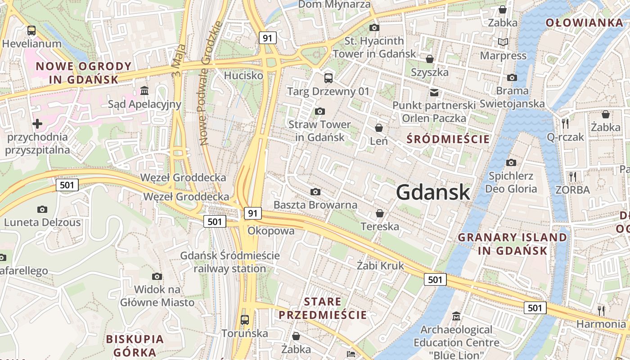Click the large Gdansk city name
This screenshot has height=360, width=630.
click(x=433, y=193)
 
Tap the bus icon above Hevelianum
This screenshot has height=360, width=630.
click(x=31, y=31)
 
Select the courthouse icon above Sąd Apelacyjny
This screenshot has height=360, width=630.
click(x=144, y=91)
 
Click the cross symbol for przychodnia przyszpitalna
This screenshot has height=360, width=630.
click(x=37, y=123)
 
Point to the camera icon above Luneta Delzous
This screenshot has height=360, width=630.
click(x=42, y=209)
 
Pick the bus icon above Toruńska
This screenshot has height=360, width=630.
click(x=245, y=320)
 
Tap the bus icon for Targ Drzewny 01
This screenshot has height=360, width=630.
click(x=328, y=78)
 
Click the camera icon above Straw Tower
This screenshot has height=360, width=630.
click(x=320, y=111)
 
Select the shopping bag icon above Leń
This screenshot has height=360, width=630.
click(x=379, y=128)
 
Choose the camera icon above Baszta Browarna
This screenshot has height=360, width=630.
click(x=315, y=192)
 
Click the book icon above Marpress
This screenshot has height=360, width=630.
click(x=503, y=42)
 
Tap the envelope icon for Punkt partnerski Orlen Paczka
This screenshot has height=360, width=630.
click(x=434, y=93)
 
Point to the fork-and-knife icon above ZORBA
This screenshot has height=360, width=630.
click(x=572, y=176)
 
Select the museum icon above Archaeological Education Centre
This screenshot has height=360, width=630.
click(x=456, y=316)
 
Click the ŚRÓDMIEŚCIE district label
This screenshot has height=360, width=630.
click(x=448, y=139)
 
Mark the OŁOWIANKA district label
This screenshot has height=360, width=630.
click(x=584, y=22)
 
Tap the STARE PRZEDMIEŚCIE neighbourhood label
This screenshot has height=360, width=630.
click(x=323, y=308)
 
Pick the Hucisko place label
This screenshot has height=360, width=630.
click(x=243, y=75)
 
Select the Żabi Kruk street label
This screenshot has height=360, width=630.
click(x=380, y=265)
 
